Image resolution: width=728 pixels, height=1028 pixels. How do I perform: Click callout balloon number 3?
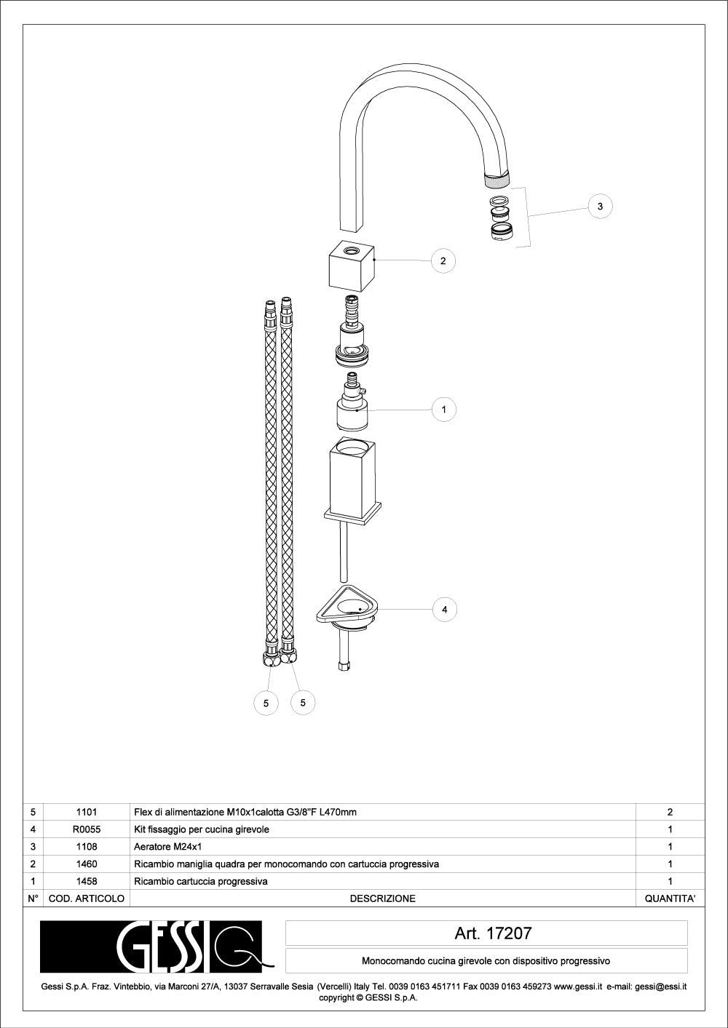tap(600, 206)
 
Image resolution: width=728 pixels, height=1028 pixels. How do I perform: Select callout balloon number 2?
tap(443, 260)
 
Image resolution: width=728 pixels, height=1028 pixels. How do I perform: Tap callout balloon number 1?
tap(443, 410)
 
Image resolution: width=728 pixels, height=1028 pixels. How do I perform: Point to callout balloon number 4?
tap(444, 610)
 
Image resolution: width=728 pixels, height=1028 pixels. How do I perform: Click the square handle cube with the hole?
tap(352, 266)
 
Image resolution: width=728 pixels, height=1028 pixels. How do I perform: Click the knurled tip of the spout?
tap(497, 178)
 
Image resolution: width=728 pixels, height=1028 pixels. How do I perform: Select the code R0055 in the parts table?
tap(87, 829)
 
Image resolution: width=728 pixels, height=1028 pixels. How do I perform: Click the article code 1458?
tap(87, 881)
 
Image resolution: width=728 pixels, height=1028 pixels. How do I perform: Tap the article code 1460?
tap(87, 864)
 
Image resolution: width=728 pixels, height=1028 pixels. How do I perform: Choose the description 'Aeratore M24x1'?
tap(167, 846)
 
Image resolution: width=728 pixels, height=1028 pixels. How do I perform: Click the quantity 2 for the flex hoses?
tap(670, 812)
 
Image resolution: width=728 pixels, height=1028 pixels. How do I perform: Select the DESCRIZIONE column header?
tap(383, 898)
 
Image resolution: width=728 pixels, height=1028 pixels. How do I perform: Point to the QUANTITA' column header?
tap(670, 898)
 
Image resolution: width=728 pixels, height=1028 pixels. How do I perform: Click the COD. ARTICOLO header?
tap(87, 898)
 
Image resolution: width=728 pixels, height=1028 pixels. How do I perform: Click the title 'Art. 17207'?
tap(494, 933)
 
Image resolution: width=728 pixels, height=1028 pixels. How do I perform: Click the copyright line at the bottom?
tap(368, 997)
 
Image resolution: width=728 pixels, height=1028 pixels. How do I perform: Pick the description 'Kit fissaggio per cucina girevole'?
tap(202, 829)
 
